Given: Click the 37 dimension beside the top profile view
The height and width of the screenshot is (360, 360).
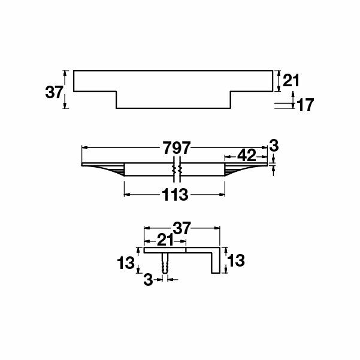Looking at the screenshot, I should [x=54, y=92].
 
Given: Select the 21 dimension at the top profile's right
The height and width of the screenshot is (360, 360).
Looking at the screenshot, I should [x=291, y=80].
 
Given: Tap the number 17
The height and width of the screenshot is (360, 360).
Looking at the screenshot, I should [x=305, y=105].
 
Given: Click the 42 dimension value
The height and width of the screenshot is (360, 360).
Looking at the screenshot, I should [x=246, y=156].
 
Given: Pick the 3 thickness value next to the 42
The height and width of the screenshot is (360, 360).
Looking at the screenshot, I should [x=274, y=145].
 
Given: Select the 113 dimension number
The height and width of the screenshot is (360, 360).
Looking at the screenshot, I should [x=175, y=194].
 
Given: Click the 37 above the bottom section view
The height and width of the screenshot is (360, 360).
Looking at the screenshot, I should [x=181, y=228].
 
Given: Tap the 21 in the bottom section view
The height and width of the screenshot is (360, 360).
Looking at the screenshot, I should [x=165, y=240].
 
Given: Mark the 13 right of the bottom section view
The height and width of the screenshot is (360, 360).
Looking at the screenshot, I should [x=235, y=261].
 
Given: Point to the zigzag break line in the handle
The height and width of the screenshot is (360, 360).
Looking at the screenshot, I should [x=176, y=170].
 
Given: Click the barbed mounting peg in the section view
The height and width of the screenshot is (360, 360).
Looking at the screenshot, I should [x=165, y=263].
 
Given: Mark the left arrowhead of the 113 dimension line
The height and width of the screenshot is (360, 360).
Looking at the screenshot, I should [x=126, y=194].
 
